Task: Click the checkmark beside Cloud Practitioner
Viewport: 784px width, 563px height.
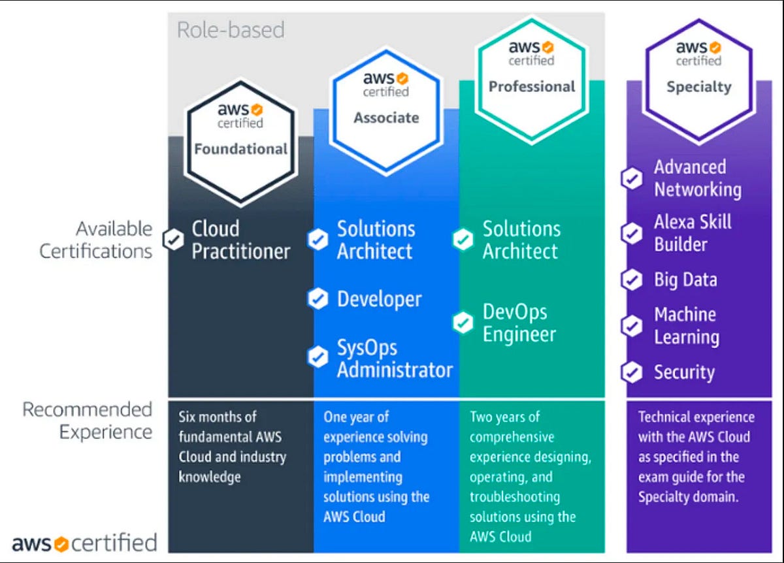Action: click(x=173, y=240)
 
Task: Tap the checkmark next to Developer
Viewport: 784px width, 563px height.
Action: click(x=318, y=299)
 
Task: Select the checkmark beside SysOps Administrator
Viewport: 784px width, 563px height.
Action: click(x=318, y=357)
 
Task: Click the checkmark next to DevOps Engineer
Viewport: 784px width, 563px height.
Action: click(x=463, y=323)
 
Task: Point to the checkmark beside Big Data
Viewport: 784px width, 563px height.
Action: click(x=631, y=280)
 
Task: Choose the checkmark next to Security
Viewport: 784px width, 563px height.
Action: click(x=631, y=372)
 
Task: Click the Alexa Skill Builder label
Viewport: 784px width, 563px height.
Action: click(x=693, y=233)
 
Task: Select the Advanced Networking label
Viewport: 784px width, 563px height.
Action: click(x=697, y=178)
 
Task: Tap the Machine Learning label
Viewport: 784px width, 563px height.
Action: click(x=686, y=326)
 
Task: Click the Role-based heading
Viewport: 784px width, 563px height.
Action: click(x=231, y=29)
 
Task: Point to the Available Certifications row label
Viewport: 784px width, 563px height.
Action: click(x=96, y=240)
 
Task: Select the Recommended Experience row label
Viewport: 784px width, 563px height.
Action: click(x=88, y=421)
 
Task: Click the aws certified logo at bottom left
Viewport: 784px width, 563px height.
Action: click(x=84, y=543)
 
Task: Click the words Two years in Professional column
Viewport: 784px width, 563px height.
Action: click(x=495, y=417)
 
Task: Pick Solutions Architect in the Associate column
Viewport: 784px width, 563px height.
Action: click(x=376, y=240)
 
